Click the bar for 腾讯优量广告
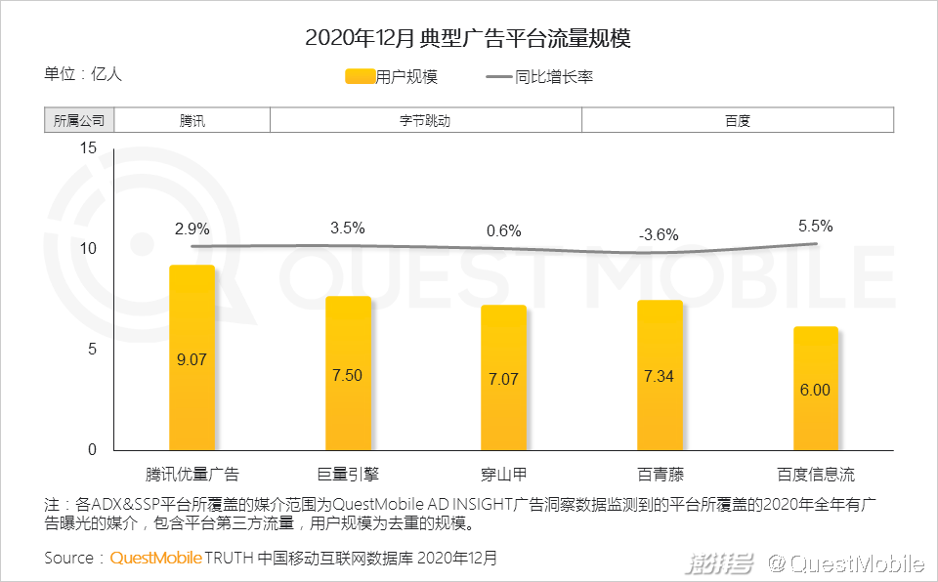point(192,357)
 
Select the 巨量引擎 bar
point(348,373)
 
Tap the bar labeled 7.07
point(503,378)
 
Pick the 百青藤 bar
point(660,375)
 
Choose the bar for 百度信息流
point(815,389)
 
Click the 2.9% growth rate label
point(192,229)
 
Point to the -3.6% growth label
point(659,234)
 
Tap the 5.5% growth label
point(815,226)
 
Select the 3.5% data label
point(348,228)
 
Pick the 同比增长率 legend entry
point(538,76)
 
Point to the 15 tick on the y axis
point(89,148)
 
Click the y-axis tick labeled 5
point(93,350)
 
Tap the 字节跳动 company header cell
point(425,121)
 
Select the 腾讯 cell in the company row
point(192,121)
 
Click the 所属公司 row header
point(79,121)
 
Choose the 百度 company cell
point(738,121)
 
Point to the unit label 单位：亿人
point(83,73)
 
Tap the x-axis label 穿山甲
point(503,475)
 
